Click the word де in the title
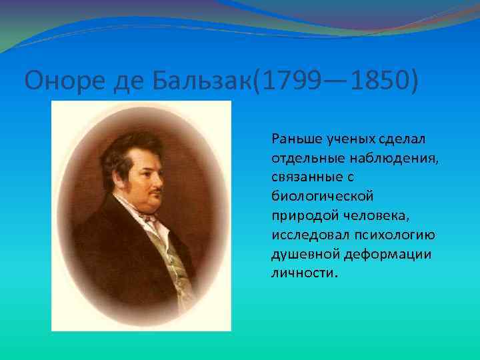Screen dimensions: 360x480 pyautogui.click(x=115, y=81)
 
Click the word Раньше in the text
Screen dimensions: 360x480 pyautogui.click(x=295, y=139)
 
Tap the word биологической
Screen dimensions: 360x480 pyautogui.click(x=323, y=197)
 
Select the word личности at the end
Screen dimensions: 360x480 pyautogui.click(x=303, y=275)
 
